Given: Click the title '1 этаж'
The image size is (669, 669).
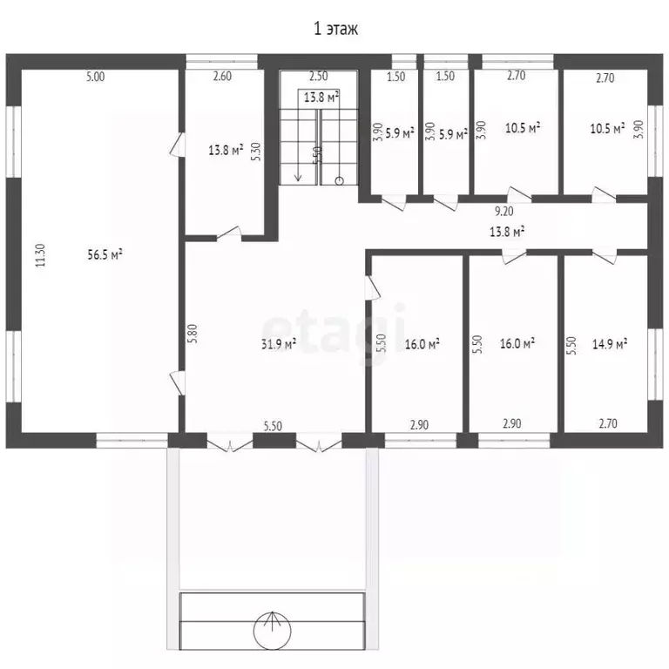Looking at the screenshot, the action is point(335,29).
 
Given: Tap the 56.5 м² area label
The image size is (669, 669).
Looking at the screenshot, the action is point(105,254).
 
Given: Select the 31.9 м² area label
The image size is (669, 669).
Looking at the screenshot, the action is point(279,343).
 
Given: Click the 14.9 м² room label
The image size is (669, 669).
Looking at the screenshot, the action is point(610,343).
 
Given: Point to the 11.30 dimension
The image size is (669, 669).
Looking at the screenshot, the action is point(41,255).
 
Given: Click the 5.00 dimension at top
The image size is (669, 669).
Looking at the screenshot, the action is point(95,77).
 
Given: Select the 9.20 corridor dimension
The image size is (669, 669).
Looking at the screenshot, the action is point(503,211).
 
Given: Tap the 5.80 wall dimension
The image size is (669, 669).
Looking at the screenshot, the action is point(193,334).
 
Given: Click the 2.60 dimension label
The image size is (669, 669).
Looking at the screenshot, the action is point(222,76).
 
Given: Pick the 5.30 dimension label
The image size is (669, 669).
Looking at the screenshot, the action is point(255,151).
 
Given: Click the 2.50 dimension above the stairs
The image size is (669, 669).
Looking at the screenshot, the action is point(318,76).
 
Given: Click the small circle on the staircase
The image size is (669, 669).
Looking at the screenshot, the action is point(340,181).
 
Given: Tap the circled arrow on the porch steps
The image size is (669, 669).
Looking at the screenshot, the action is point(272,630).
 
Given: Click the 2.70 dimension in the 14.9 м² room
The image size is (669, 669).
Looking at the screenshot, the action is point(608,423).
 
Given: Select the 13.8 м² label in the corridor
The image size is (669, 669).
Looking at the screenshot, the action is point(507,232).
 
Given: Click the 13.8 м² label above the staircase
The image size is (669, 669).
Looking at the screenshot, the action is point(321,97).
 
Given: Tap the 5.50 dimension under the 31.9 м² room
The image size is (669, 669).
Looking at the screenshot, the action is point(273,426).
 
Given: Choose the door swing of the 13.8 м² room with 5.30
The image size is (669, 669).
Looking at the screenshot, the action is point(229,233).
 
